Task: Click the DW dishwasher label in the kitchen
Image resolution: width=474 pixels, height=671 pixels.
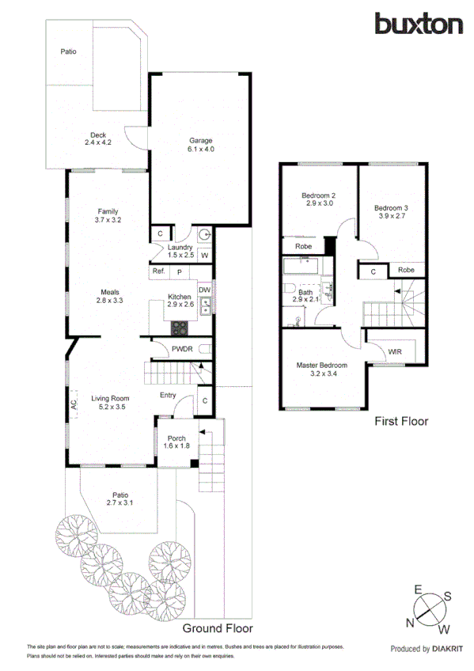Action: point(205,290)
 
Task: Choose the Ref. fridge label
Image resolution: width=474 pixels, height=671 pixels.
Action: point(157,271)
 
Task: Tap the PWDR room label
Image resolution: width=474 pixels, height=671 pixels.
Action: point(183,348)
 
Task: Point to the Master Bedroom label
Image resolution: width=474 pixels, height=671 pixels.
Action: point(321,366)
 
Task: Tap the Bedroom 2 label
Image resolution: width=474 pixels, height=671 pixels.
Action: point(318,195)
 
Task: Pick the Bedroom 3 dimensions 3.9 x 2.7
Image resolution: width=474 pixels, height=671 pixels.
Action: point(392,216)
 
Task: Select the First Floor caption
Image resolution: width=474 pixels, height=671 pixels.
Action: point(400,422)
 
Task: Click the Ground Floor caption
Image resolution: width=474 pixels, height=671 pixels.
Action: point(218,628)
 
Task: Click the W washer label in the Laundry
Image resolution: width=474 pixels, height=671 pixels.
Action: point(203,256)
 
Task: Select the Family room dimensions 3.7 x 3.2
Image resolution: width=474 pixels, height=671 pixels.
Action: point(108,220)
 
